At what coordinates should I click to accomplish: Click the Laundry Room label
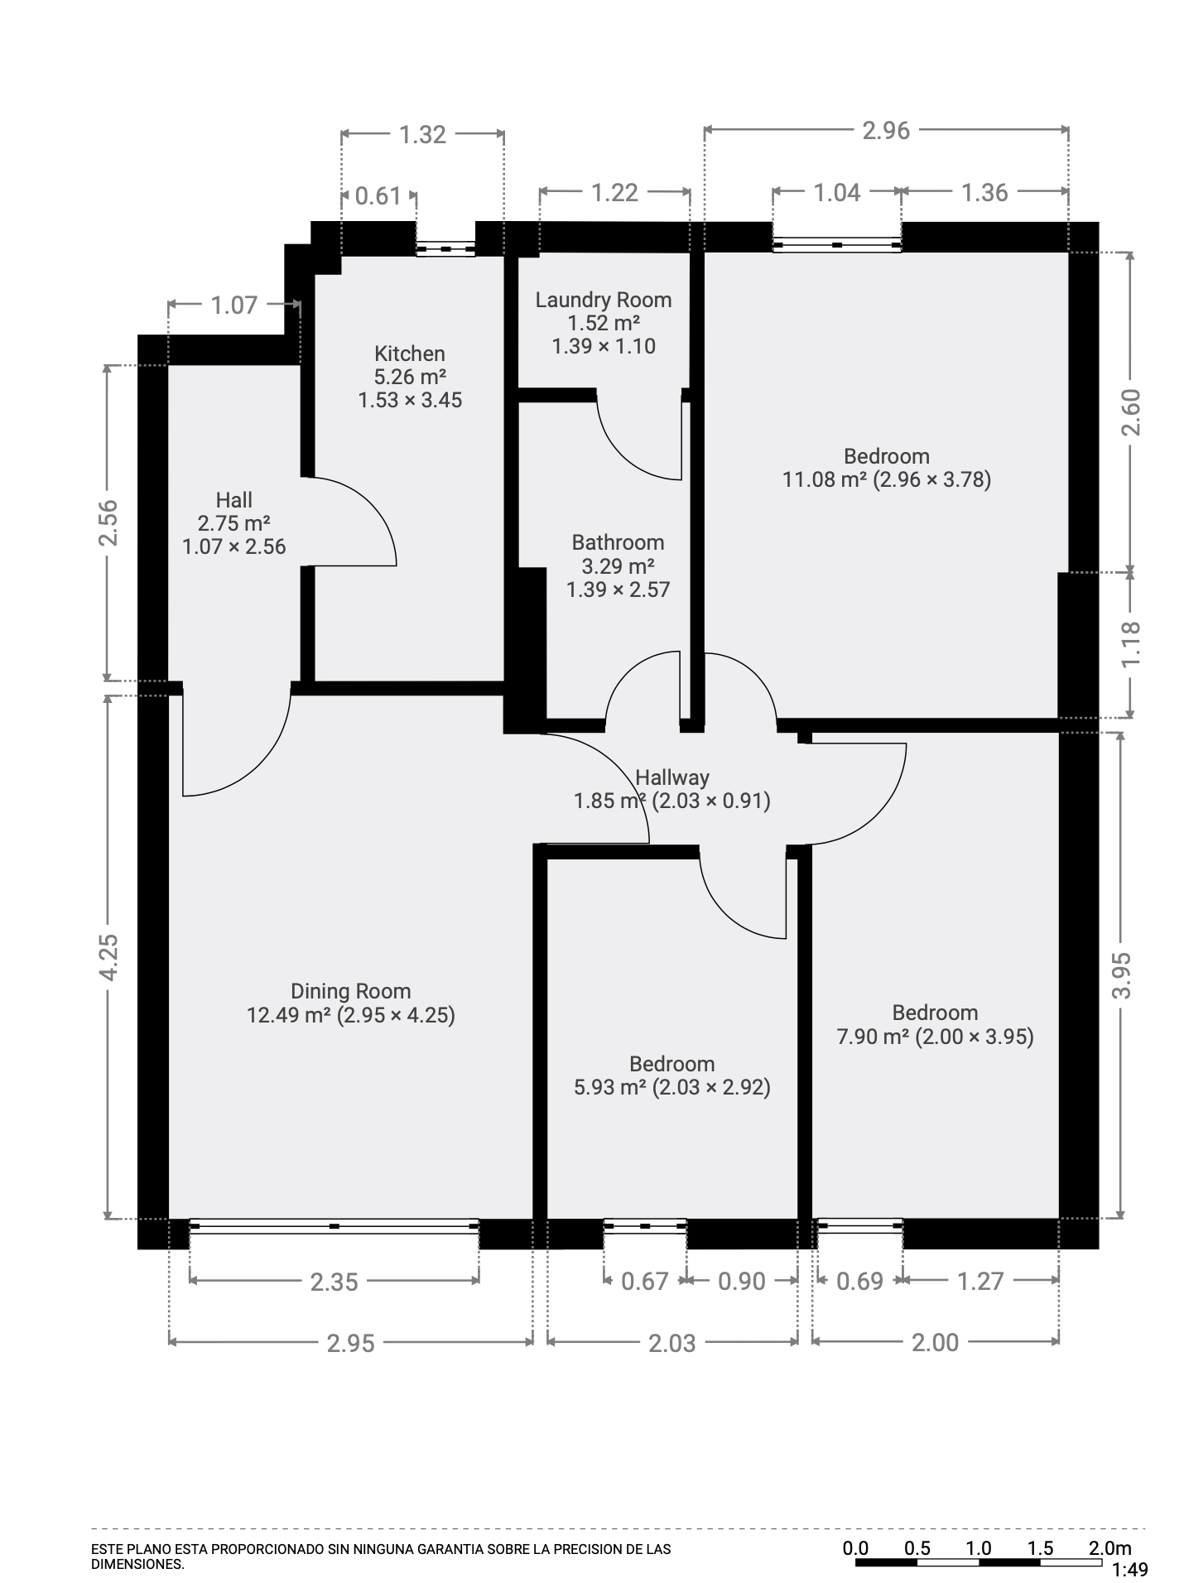(603, 300)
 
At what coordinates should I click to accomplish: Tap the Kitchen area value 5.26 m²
(410, 377)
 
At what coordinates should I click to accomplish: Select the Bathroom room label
(618, 542)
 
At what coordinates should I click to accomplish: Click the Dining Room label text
(350, 991)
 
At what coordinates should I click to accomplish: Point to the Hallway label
(671, 777)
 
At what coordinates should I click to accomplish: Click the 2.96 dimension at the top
(885, 131)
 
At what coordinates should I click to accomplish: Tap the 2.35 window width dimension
(334, 1282)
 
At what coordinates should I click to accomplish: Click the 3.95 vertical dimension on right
(1120, 976)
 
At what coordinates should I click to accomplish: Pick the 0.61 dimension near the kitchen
(378, 196)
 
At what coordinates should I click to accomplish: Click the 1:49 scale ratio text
(1129, 1569)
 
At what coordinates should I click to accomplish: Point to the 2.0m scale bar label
(1109, 1548)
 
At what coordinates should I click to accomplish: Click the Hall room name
(233, 500)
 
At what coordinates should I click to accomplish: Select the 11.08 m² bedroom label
(886, 479)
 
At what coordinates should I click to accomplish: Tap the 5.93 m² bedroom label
(671, 1087)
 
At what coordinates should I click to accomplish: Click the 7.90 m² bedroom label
(935, 1037)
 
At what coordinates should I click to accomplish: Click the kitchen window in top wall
(445, 248)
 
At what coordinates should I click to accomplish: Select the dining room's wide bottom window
(334, 1226)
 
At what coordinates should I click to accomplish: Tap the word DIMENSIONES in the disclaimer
(137, 1565)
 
